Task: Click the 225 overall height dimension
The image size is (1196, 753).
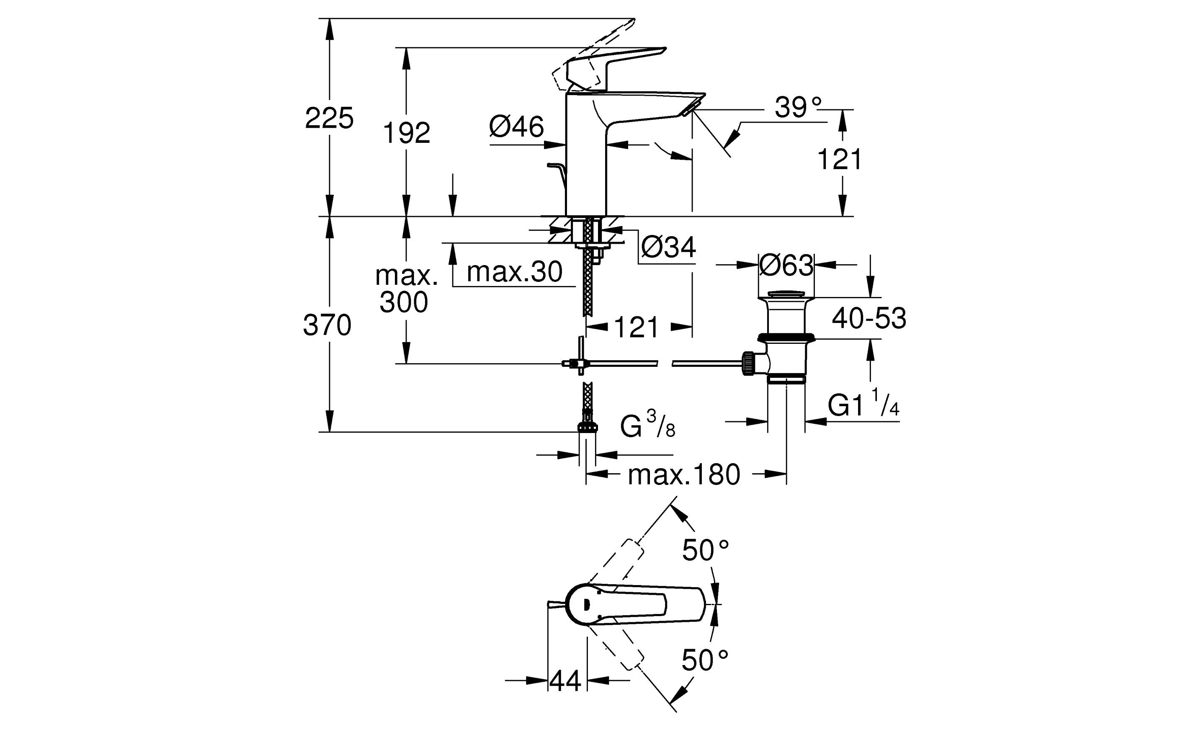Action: [329, 118]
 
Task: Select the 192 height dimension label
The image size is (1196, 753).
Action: [406, 133]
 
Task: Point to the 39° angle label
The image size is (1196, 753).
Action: [798, 107]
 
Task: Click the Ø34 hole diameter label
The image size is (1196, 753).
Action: [668, 247]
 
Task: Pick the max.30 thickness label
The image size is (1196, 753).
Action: [515, 272]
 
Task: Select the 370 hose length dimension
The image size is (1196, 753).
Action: [327, 325]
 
